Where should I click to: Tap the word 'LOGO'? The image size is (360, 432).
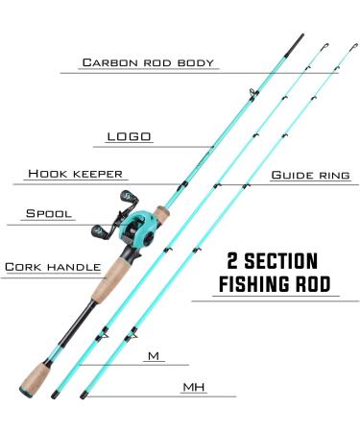click(x=131, y=136)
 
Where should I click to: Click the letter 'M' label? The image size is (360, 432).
click(x=153, y=356)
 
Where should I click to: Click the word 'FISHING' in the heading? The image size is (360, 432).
click(x=253, y=284)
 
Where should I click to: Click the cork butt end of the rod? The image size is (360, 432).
click(x=37, y=385)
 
